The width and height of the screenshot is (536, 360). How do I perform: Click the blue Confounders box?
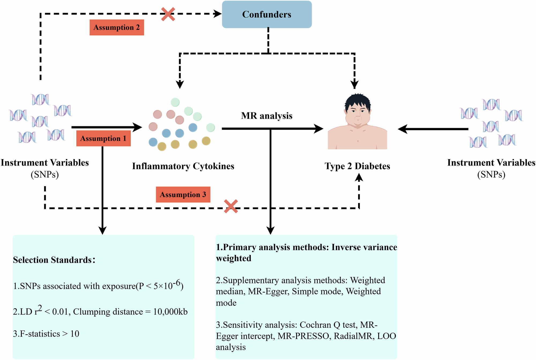coord(267,14)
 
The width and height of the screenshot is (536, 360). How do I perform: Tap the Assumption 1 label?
coord(103,138)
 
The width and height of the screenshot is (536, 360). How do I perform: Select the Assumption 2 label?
coord(117,28)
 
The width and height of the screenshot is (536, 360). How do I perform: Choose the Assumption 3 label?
coord(183,194)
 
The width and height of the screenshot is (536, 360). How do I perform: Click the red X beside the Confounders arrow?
coord(168,14)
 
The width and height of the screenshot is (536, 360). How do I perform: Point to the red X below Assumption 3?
coord(231,206)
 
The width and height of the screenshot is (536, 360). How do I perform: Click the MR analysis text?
coord(267,116)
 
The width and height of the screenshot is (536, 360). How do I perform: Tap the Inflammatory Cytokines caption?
coord(183,166)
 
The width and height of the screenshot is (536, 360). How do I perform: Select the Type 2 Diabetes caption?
coord(357,166)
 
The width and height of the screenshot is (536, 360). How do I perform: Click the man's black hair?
coord(358,101)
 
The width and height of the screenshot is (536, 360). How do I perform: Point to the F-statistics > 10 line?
coord(46,334)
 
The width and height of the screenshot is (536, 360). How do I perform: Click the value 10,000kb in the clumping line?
coord(170,312)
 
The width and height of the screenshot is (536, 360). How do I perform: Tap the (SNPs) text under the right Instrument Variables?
coord(491,175)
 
